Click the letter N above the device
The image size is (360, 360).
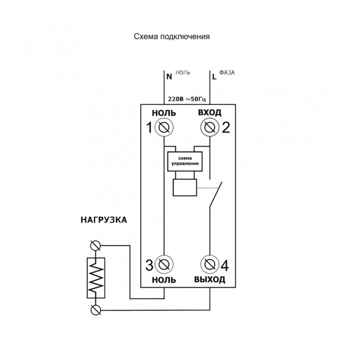(168, 76)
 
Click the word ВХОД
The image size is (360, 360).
(210, 113)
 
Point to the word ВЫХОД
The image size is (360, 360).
(210, 280)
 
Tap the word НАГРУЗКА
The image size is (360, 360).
(104, 221)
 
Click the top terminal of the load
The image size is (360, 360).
(95, 246)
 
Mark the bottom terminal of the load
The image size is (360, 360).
(95, 310)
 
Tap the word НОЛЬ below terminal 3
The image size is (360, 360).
(164, 280)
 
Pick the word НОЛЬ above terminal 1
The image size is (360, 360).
(164, 113)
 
